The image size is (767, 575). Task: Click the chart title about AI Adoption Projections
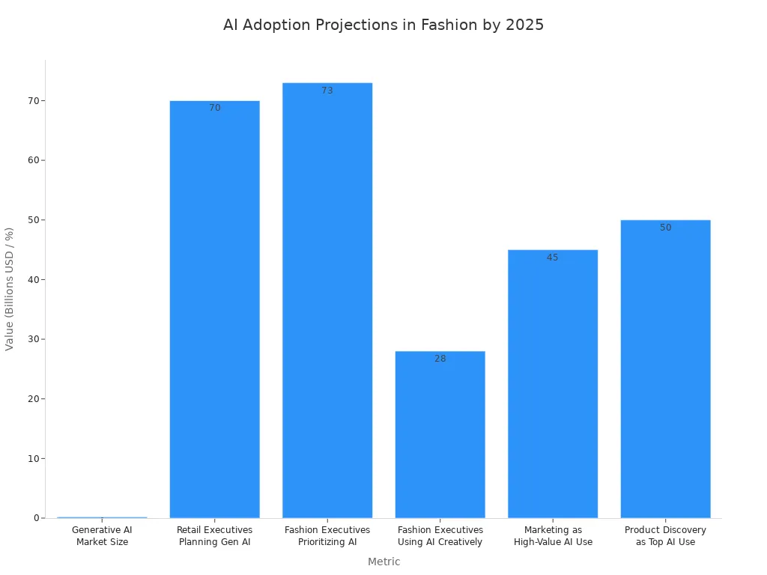click(383, 25)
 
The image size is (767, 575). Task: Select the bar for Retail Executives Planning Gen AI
click(215, 309)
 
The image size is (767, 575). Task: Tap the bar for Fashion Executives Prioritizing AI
click(327, 300)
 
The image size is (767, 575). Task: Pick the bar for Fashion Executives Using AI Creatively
click(440, 435)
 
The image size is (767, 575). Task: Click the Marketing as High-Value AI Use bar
click(553, 384)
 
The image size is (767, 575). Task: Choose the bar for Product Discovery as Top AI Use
click(666, 369)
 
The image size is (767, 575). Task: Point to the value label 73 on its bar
click(327, 91)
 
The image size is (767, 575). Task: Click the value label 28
click(440, 359)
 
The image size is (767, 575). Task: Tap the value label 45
click(553, 258)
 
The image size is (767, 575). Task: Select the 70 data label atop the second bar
click(215, 108)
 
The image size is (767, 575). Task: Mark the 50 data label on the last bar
click(666, 228)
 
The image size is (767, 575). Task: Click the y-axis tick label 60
click(34, 160)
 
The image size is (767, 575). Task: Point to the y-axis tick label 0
click(37, 518)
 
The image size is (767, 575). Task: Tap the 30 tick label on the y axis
click(34, 339)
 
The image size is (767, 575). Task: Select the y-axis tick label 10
click(34, 459)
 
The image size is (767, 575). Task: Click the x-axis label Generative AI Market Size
click(102, 536)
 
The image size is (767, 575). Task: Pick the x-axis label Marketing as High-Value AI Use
click(553, 536)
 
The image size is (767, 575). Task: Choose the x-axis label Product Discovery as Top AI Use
click(666, 536)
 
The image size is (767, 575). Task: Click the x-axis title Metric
click(384, 562)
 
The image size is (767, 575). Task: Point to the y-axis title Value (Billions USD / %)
click(9, 289)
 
